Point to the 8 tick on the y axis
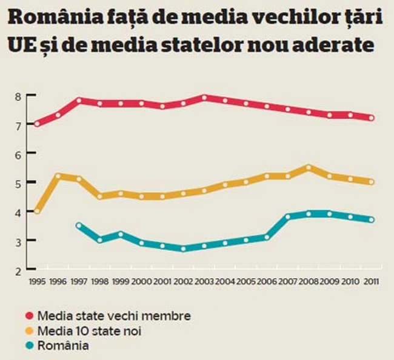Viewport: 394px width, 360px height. click(x=18, y=96)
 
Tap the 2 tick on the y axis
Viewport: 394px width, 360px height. click(x=18, y=270)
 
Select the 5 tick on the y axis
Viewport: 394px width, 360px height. click(x=18, y=183)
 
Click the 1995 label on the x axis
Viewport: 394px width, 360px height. click(x=38, y=281)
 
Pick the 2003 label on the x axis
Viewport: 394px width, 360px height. click(x=204, y=281)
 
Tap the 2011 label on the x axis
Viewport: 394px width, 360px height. click(x=371, y=281)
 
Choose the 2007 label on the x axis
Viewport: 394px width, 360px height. click(x=288, y=281)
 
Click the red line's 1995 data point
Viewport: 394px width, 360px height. click(x=38, y=124)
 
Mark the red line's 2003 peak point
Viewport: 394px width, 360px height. click(x=204, y=98)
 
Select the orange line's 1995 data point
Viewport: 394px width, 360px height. click(x=38, y=211)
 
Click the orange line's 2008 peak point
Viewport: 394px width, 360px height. click(x=309, y=167)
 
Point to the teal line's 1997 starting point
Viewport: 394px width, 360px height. click(x=79, y=225)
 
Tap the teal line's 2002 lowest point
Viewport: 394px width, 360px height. click(x=184, y=248)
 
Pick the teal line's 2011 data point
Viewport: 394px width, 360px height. click(x=371, y=220)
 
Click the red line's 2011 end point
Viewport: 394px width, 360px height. click(x=371, y=118)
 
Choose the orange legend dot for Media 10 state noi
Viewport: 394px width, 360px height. click(x=30, y=331)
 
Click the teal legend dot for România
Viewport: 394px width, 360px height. click(x=30, y=346)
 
